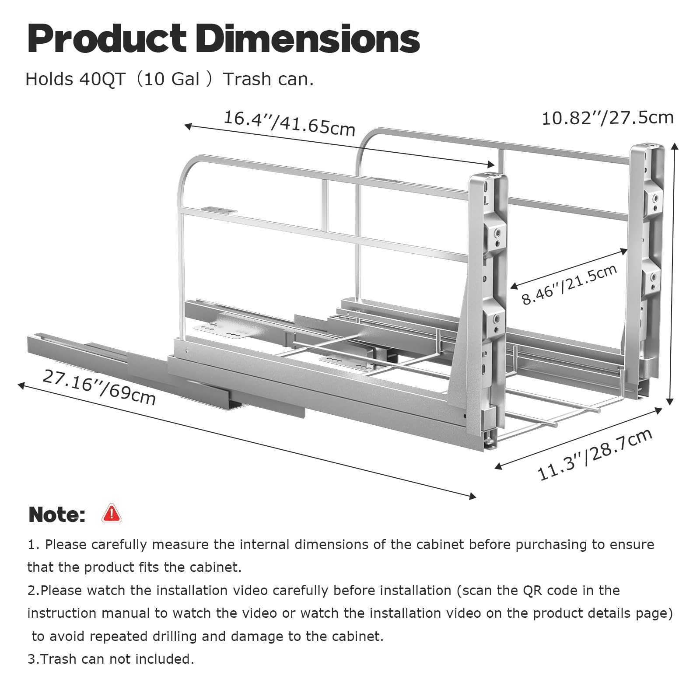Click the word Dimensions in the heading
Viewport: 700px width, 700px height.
coord(308,39)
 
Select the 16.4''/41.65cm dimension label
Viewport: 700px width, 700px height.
coord(289,123)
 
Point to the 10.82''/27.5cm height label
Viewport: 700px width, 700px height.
coord(608,118)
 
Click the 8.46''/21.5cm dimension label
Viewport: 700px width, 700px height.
coord(569,284)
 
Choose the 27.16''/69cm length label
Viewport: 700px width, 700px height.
coord(99,387)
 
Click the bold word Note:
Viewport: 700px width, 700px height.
coord(57,514)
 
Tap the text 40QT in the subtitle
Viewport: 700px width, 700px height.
coord(102,80)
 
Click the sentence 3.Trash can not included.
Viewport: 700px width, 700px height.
coord(111,659)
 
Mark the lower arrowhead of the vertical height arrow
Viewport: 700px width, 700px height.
coord(669,401)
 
